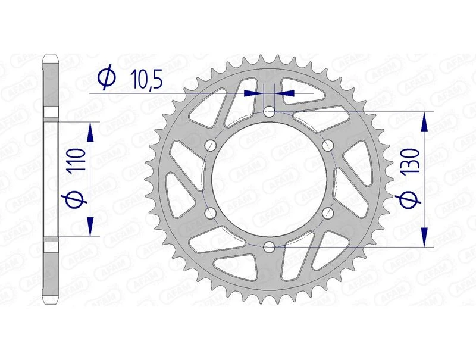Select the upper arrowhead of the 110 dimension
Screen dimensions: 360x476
[90, 132]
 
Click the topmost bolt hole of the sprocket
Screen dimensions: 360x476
[269, 111]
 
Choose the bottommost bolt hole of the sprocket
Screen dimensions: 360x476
[269, 246]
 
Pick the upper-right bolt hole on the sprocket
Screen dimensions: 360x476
[327, 145]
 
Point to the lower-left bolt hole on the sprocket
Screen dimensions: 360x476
[210, 212]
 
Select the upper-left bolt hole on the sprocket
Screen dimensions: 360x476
[210, 145]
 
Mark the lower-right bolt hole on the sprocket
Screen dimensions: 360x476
[327, 212]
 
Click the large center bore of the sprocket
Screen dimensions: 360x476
[269, 179]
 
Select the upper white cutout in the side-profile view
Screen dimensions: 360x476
[51, 112]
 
